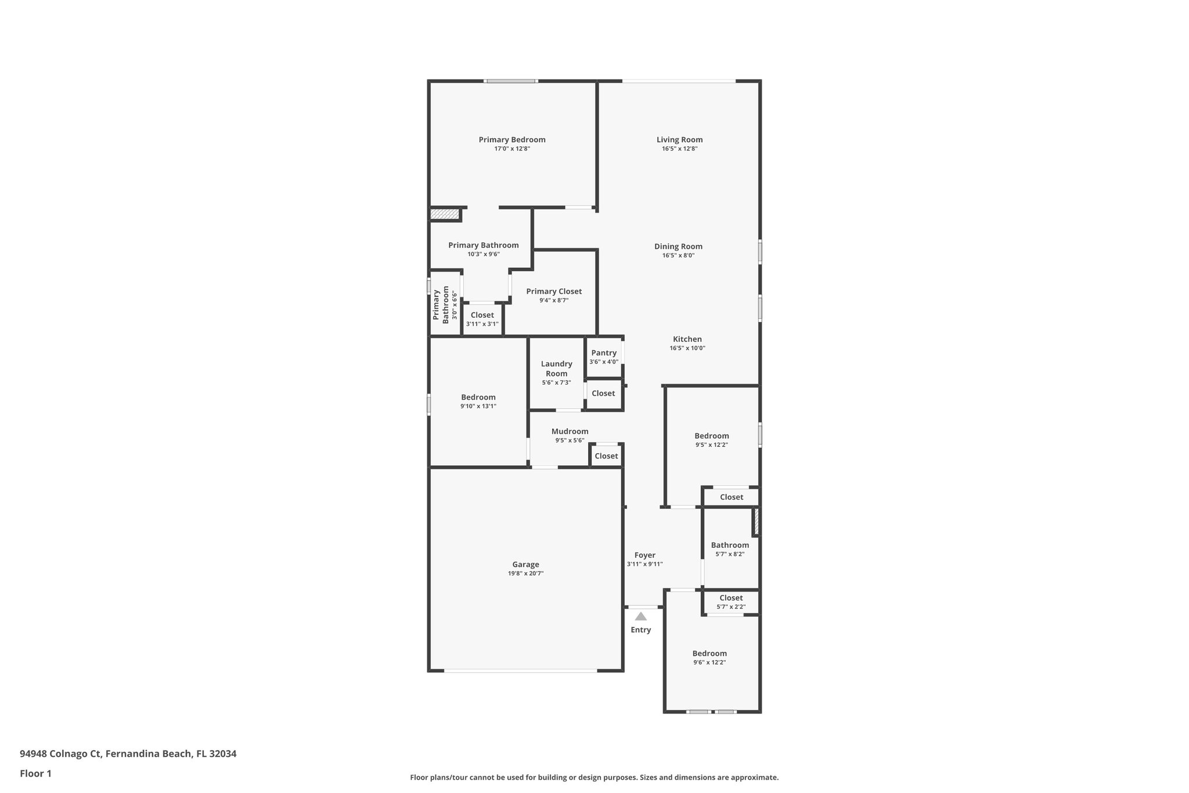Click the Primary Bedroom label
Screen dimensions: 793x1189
pos(511,139)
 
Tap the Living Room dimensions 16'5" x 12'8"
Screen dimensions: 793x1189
pos(679,149)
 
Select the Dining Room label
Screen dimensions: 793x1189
pos(678,246)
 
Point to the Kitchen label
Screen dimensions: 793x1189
pos(687,339)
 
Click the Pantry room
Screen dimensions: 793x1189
pos(604,357)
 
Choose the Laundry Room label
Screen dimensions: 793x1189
pos(556,368)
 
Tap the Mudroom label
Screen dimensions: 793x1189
pos(570,431)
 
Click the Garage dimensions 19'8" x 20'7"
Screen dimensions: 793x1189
pos(525,573)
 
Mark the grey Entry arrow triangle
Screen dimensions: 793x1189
pos(640,616)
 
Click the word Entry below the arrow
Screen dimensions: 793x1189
pos(640,630)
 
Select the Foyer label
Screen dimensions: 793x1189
pos(644,555)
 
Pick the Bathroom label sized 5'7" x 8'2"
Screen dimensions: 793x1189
pos(730,545)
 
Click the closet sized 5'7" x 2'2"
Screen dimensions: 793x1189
pos(731,602)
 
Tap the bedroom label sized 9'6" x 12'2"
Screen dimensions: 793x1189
pos(709,654)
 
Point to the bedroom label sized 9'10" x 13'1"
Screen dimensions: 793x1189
pos(478,397)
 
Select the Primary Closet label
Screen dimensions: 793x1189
pos(554,292)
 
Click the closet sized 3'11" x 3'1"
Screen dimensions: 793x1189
pos(482,319)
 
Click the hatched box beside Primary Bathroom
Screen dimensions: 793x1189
pos(445,214)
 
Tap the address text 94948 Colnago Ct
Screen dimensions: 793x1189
pos(61,754)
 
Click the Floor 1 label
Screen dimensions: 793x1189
pos(35,773)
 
